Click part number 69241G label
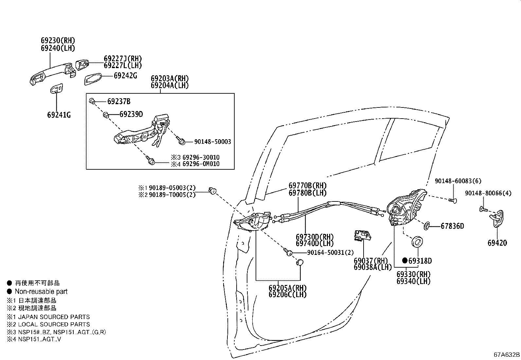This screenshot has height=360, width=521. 59,115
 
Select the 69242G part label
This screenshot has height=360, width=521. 125,76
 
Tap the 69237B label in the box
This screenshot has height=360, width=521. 119,102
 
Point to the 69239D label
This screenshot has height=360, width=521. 131,114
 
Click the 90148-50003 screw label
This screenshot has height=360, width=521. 212,142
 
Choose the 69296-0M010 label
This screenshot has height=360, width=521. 201,164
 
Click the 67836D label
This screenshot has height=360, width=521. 452,226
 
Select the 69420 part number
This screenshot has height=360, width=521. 497,243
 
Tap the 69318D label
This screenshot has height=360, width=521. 420,261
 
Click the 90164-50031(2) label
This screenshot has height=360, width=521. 331,253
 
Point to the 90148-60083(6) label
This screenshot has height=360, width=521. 453,181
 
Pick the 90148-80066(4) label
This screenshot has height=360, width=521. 488,193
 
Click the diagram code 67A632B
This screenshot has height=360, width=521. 507,355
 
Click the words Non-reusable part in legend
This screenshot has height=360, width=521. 41,292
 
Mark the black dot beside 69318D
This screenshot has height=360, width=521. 405,261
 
